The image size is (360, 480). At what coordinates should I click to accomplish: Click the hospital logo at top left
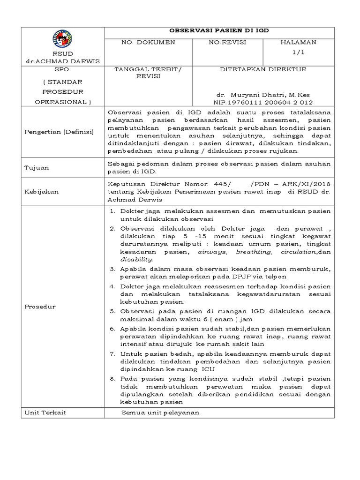(x=63, y=38)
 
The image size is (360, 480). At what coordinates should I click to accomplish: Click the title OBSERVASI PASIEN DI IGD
(x=219, y=31)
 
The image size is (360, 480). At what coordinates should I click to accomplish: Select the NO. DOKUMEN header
(x=148, y=43)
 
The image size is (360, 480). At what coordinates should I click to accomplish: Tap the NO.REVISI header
(x=227, y=43)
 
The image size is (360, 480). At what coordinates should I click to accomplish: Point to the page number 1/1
(x=299, y=52)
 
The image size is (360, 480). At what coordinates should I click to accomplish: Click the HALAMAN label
(x=299, y=43)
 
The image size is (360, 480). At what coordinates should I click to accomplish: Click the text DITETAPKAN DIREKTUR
(x=263, y=69)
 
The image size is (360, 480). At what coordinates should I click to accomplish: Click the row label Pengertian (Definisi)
(x=60, y=132)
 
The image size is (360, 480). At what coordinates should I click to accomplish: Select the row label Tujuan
(x=37, y=167)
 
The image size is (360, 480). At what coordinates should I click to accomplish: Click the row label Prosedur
(x=41, y=307)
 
